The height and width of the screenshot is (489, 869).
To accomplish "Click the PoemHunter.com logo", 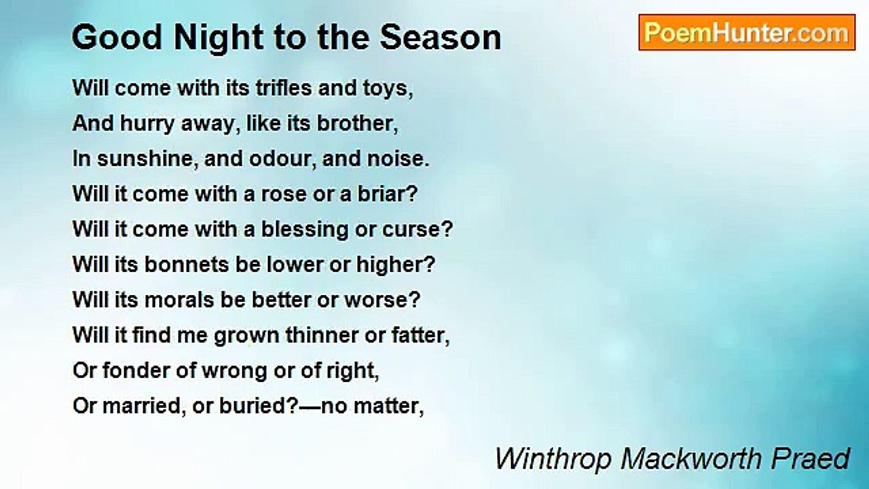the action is click(747, 33).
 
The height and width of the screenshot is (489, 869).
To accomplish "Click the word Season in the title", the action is click(441, 37).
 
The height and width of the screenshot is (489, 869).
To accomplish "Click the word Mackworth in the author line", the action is click(691, 459).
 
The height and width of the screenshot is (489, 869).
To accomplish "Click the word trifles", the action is click(284, 88).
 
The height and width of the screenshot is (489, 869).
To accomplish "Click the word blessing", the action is click(305, 230).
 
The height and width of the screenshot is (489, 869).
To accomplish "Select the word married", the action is click(141, 406).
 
